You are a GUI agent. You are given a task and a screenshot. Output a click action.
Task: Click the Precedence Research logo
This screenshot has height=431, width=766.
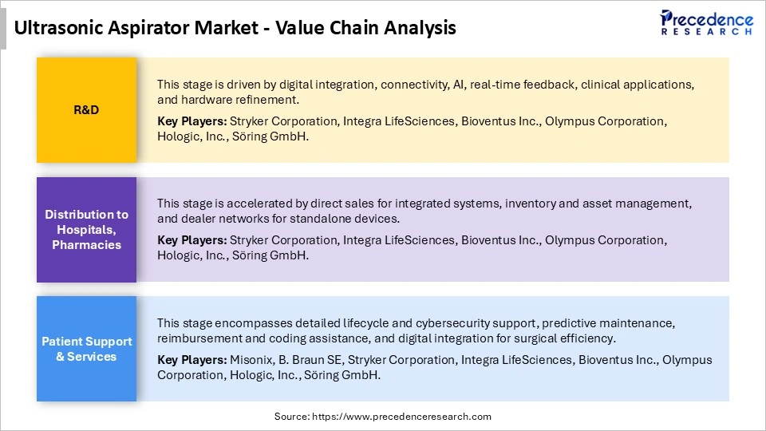coord(706,22)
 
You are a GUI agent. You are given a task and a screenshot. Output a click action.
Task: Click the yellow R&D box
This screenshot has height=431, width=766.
coord(86,110)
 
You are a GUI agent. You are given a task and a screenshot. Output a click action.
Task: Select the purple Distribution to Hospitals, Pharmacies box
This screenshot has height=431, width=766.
coord(86,229)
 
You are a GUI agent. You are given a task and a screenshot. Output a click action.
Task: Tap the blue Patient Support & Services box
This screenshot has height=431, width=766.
coord(86,349)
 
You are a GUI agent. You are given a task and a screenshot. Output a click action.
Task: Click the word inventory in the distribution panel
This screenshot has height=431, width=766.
coord(510,204)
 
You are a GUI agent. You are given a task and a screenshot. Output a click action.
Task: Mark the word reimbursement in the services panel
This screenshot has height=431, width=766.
coord(196,338)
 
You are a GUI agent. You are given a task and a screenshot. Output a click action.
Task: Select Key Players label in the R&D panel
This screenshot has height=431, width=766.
coord(191,121)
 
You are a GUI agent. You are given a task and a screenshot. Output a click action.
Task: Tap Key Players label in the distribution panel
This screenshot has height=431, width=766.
coord(191,240)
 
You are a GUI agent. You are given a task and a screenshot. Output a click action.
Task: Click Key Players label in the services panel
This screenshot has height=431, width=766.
coord(191,360)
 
